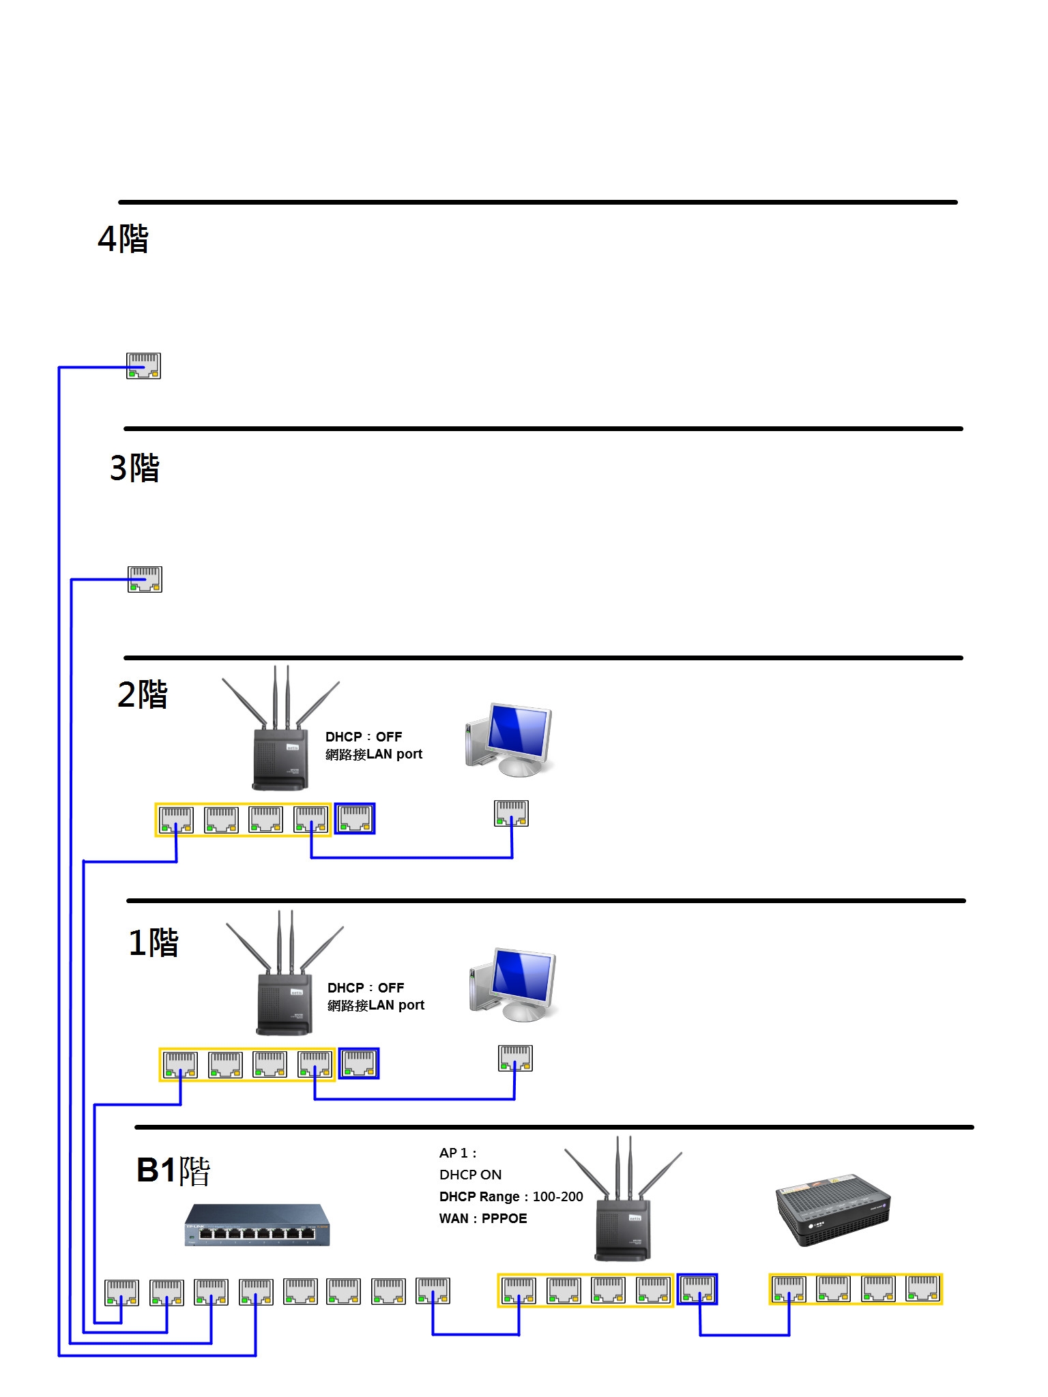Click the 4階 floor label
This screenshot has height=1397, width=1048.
click(x=123, y=239)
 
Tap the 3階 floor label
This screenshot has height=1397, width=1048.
click(x=134, y=468)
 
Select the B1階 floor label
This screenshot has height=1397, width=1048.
click(x=173, y=1171)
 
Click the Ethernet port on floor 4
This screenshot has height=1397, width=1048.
click(x=143, y=366)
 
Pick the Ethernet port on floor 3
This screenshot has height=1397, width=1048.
click(x=145, y=579)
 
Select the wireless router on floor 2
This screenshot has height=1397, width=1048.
click(x=280, y=737)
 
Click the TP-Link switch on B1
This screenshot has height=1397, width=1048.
click(x=257, y=1225)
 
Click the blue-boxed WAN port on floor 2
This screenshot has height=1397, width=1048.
click(x=355, y=819)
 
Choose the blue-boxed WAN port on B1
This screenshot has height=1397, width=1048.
click(x=697, y=1289)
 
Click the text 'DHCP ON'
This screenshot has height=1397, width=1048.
click(x=470, y=1175)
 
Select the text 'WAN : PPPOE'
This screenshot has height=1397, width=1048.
click(x=483, y=1218)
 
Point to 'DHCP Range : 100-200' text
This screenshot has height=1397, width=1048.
click(x=511, y=1196)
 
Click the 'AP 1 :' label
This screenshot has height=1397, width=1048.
click(x=457, y=1153)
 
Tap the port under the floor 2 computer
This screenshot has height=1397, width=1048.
click(x=511, y=814)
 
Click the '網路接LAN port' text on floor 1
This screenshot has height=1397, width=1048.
click(x=375, y=1005)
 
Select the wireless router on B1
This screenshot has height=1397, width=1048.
click(x=622, y=1207)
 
